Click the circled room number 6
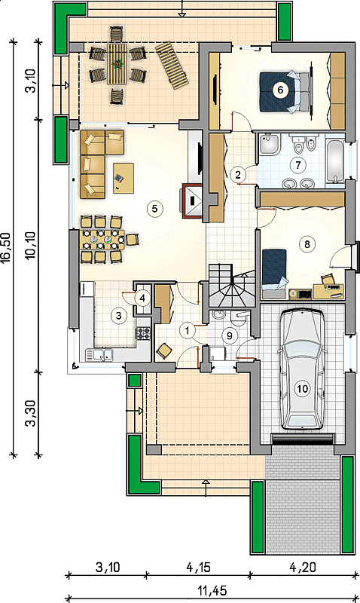click(x=280, y=90)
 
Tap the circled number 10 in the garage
click(x=302, y=388)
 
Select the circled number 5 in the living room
click(x=155, y=209)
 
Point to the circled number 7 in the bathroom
click(x=297, y=165)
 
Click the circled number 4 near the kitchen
click(x=142, y=298)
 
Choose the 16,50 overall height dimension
click(x=7, y=248)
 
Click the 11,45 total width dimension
click(x=212, y=590)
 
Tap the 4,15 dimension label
click(x=198, y=568)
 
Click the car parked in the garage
click(x=302, y=369)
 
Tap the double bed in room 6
click(x=285, y=92)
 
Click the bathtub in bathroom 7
click(x=335, y=161)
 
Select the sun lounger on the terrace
click(x=172, y=66)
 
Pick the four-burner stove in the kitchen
click(x=144, y=333)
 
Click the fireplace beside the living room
click(x=192, y=201)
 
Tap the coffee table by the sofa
click(x=124, y=178)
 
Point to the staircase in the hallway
click(x=231, y=286)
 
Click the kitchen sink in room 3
click(x=99, y=354)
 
